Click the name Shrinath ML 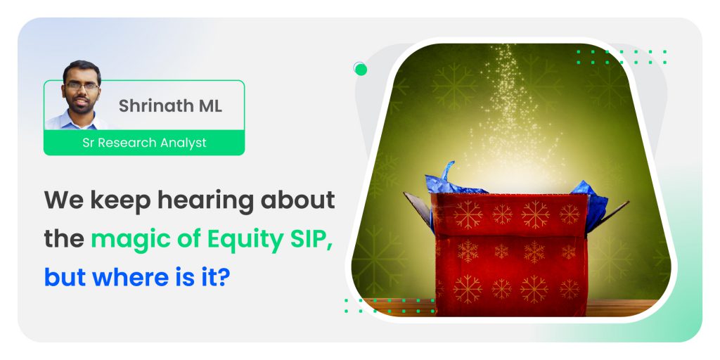click(x=170, y=105)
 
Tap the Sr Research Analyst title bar click(x=144, y=143)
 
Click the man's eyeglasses click(x=82, y=86)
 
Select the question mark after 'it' click(x=223, y=277)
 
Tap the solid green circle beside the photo click(x=361, y=70)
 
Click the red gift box click(x=510, y=255)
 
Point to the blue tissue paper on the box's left click(x=449, y=181)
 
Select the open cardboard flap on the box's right click(x=607, y=217)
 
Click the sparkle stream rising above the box click(x=510, y=115)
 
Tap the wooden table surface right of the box click(x=622, y=308)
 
